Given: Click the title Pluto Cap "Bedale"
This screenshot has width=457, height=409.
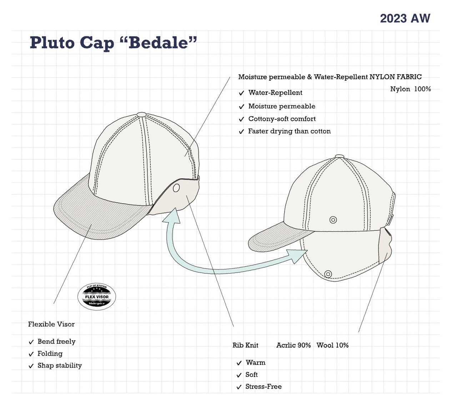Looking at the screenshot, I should [113, 43].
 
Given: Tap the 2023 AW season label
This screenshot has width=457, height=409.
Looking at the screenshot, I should [405, 18].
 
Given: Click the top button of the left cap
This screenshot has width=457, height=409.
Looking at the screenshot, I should [141, 115].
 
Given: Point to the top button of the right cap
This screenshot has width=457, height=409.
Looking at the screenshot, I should [340, 156].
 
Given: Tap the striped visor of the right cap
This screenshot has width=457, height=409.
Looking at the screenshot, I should [275, 239].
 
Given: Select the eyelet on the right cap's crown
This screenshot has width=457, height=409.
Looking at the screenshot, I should [333, 220].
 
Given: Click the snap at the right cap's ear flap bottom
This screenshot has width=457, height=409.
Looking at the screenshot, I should [328, 274].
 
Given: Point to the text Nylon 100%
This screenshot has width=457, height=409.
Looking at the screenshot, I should [410, 89].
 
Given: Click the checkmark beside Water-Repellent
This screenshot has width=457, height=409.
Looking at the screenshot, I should [241, 93].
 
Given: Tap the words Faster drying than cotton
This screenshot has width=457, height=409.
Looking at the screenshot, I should [289, 131].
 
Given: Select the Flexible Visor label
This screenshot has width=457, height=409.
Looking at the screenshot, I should [51, 324].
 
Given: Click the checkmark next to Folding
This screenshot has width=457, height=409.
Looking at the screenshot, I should [31, 354].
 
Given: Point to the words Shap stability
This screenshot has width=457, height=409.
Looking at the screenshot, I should [60, 365].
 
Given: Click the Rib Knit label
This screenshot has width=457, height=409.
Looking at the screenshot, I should [245, 345].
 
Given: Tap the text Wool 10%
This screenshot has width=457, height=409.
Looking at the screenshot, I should [332, 345].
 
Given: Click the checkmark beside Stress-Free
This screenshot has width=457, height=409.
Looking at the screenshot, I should [239, 387].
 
